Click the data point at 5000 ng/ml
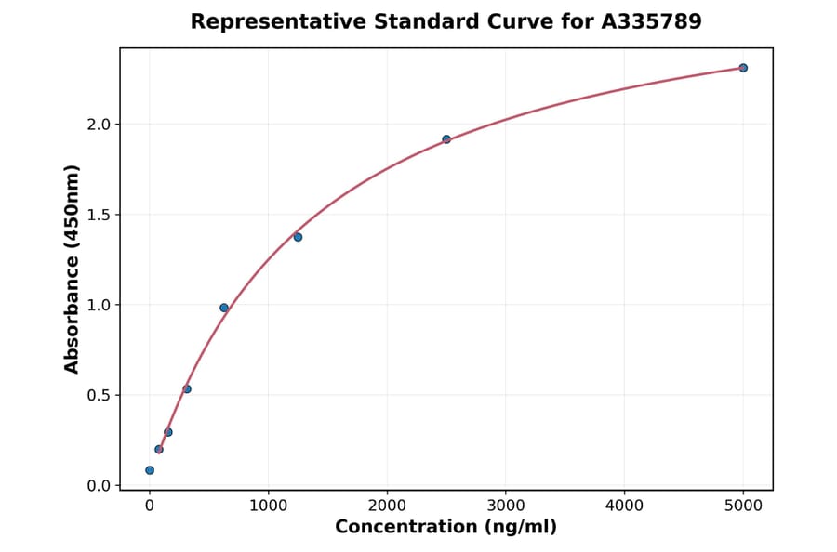click(743, 68)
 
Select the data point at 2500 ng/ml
click(446, 139)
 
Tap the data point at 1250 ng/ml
click(298, 237)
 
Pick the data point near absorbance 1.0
click(224, 308)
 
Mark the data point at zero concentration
click(150, 470)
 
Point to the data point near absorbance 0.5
click(187, 389)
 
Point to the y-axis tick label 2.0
click(99, 125)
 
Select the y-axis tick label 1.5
click(99, 215)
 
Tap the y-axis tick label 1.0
click(99, 305)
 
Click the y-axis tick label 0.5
click(99, 395)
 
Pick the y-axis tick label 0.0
click(99, 485)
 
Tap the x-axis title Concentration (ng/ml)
click(445, 528)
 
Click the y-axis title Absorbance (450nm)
click(72, 269)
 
